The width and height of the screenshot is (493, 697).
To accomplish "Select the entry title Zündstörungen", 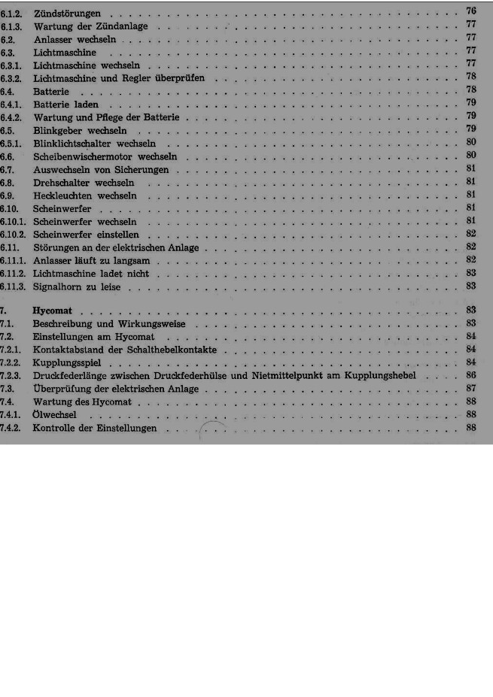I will coord(68,14).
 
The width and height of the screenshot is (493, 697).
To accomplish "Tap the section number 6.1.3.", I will coord(13,26).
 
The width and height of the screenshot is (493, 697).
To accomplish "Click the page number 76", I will coord(471,11).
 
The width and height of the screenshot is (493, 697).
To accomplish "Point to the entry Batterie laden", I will coord(66,104).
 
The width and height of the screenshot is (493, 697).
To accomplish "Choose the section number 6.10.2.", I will coord(15,234).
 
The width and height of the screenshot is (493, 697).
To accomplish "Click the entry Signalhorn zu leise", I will coord(78,286).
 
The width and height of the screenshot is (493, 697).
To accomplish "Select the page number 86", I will coord(471,374).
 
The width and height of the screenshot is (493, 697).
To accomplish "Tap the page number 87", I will coord(471,388).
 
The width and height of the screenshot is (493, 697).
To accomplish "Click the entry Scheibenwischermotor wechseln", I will coord(105,156).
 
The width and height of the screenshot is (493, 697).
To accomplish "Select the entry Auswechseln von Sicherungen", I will coord(101,170).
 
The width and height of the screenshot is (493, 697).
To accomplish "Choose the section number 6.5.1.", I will coord(13,143).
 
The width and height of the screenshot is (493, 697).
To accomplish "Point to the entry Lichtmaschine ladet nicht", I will coord(90,273).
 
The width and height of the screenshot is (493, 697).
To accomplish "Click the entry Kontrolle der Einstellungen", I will coord(95,428).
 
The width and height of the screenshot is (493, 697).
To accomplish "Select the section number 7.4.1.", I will coord(13,414).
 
